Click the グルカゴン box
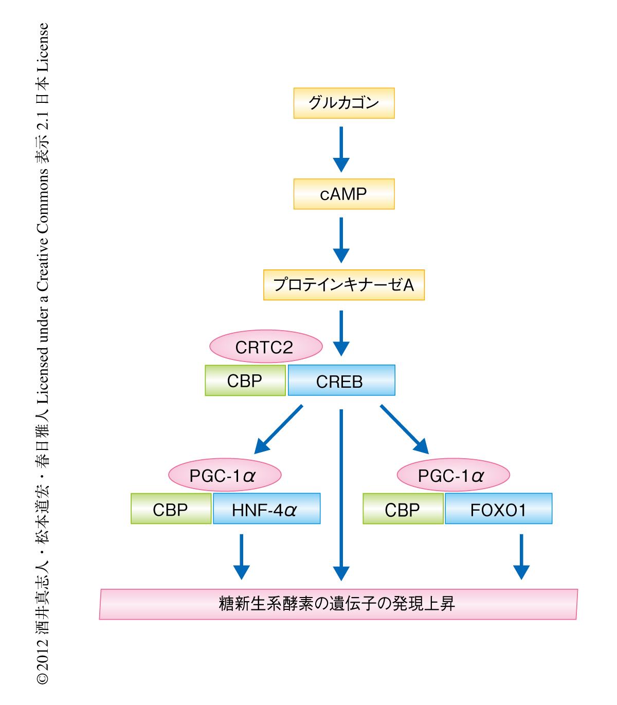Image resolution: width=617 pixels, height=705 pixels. pos(344,103)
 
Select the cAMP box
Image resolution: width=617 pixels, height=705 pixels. pos(344,194)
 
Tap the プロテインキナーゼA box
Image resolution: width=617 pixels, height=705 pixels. pos(344,285)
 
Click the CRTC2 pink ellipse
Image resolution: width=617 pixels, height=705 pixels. pos(266,347)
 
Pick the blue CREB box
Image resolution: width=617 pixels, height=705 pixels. pos(341,381)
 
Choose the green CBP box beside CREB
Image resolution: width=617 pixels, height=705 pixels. pos(245,381)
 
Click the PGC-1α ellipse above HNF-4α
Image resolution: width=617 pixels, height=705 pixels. pos(225,475)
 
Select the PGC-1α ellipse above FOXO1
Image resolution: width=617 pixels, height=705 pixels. pos(453,475)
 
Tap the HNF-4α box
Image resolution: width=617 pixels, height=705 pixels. pos(266,509)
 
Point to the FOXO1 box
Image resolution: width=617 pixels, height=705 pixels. pos(498,509)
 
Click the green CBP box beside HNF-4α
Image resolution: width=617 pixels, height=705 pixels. pos(171,509)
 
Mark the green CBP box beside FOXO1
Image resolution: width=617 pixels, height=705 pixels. pos(403,509)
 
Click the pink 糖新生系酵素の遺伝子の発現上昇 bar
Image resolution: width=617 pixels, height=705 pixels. pos(338,604)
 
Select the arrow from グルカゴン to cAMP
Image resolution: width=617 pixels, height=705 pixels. pos(341,149)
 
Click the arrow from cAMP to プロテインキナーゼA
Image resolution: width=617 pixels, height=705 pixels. pos(341,240)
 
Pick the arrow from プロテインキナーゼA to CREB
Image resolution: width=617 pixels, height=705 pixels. pos(341,333)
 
